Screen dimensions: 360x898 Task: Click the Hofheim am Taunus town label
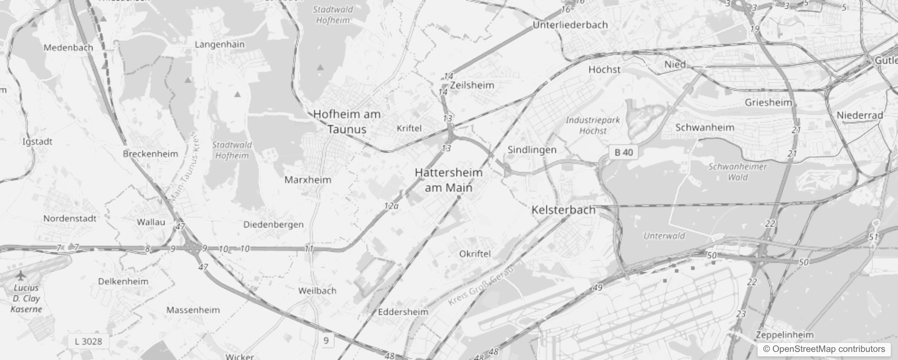tap(347, 121)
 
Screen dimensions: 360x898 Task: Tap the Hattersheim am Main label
tap(449, 180)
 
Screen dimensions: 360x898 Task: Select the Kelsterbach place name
tap(563, 210)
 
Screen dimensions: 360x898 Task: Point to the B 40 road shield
tap(624, 152)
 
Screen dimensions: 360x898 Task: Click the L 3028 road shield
tap(88, 341)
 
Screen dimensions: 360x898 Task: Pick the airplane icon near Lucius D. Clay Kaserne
tap(20, 275)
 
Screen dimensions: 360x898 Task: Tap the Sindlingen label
tap(532, 150)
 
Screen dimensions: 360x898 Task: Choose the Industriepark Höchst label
tap(593, 126)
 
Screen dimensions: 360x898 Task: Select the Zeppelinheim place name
tap(785, 335)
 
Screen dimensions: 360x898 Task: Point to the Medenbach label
tap(68, 48)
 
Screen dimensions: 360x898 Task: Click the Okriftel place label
tap(475, 254)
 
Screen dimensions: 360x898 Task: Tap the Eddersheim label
tap(403, 312)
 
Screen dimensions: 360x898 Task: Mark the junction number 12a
tap(391, 206)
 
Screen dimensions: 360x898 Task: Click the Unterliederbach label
tap(570, 25)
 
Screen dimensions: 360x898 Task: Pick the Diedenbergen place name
tap(273, 225)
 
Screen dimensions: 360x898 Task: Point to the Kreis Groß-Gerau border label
tap(480, 285)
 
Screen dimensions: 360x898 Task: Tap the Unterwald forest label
tap(664, 236)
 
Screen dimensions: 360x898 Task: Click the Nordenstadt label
tap(70, 219)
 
